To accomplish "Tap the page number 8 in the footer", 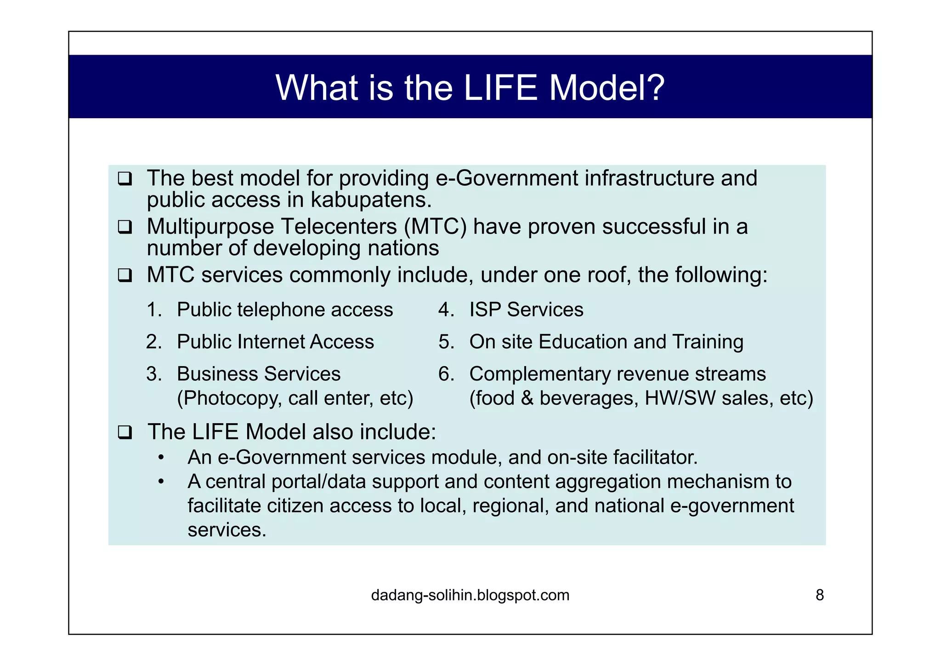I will (820, 595).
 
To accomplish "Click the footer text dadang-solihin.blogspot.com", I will (470, 595).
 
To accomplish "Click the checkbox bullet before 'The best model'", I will (125, 178).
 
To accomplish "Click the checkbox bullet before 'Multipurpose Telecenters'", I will (125, 227).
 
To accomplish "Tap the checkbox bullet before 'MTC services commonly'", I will (125, 275).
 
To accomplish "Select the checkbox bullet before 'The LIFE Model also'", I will (125, 432).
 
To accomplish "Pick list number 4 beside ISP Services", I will (446, 310).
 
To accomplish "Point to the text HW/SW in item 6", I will (680, 398).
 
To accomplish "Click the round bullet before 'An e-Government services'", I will (160, 458).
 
